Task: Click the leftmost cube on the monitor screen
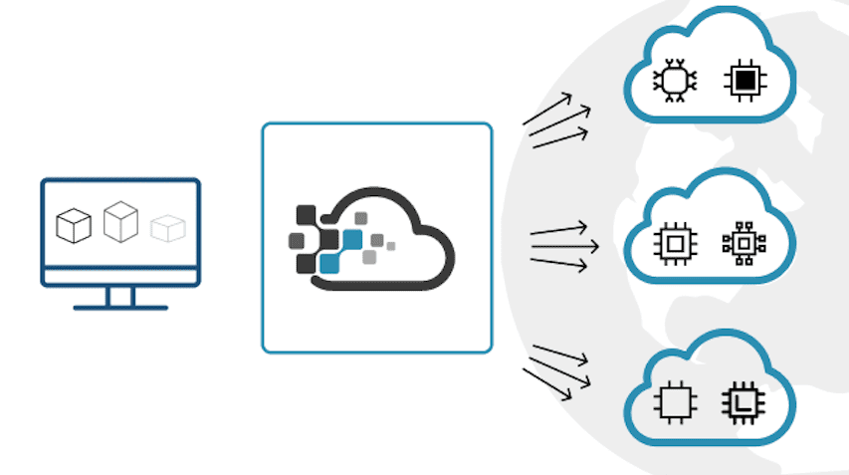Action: [x=73, y=226]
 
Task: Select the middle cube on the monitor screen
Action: [x=119, y=220]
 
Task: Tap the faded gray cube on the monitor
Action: [x=167, y=228]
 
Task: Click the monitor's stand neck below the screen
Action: [x=120, y=295]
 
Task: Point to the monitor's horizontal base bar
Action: [x=120, y=307]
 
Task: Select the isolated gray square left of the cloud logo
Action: [x=296, y=240]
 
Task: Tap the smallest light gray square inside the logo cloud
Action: [x=390, y=245]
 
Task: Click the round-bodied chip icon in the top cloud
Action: [x=674, y=81]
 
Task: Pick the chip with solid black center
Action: [x=742, y=81]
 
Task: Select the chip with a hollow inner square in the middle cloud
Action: [x=674, y=243]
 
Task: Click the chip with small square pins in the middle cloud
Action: [x=742, y=243]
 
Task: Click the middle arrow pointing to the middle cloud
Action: [x=564, y=244]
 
